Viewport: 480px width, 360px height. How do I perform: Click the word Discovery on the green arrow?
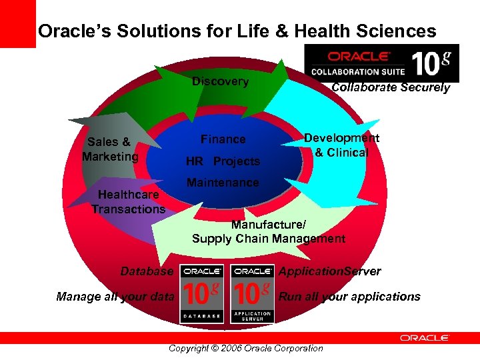tap(220, 82)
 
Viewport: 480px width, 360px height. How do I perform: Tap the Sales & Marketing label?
tap(110, 149)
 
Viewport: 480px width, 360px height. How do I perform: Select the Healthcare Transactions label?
tap(128, 202)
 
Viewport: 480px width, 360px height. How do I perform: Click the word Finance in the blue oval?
tap(223, 139)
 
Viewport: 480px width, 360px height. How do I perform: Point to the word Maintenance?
tap(223, 183)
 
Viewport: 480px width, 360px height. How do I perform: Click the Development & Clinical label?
tap(341, 145)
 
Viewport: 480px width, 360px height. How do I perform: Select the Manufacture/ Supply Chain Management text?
tap(268, 231)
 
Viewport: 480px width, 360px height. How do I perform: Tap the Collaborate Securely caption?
tap(391, 88)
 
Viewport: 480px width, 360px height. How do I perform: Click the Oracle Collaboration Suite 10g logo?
tap(381, 63)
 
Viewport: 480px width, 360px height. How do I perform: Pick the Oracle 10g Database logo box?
tap(203, 294)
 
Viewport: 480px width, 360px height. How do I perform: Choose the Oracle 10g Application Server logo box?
tap(252, 294)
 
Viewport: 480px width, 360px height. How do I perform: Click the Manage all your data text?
tap(115, 297)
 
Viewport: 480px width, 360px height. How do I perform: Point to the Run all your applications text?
tap(349, 297)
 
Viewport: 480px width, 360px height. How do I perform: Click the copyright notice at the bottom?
tap(246, 348)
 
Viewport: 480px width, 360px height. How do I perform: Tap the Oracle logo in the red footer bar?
tap(425, 338)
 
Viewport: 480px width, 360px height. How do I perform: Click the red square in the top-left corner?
tap(17, 23)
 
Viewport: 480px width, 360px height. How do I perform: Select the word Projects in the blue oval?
tap(237, 161)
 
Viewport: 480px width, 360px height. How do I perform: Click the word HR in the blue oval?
tap(194, 161)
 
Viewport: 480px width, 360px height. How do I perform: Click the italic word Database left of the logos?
tap(147, 271)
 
